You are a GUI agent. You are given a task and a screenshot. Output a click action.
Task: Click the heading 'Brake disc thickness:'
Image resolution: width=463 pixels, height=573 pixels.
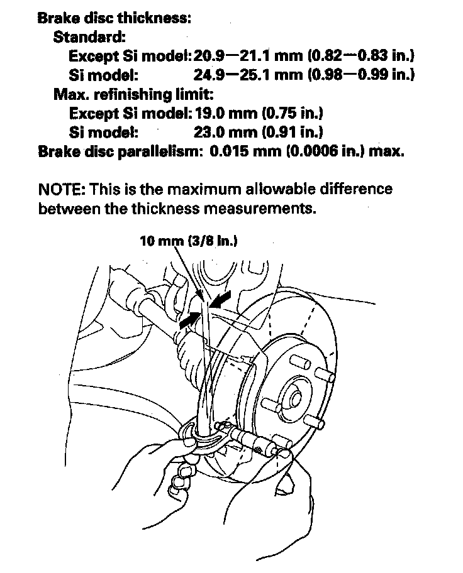tap(114, 18)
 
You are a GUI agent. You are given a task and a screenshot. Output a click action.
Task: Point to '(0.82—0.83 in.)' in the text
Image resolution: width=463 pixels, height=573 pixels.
tap(361, 56)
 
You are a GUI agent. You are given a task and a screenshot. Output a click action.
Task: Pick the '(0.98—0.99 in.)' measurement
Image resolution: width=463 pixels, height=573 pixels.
tap(361, 75)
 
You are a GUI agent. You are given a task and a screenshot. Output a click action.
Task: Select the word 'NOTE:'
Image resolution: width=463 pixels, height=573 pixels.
tap(62, 189)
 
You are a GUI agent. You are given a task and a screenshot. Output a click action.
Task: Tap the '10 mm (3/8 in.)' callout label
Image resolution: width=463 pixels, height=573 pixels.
tap(189, 241)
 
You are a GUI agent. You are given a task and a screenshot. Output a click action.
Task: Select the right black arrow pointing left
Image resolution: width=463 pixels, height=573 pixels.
tap(221, 297)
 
